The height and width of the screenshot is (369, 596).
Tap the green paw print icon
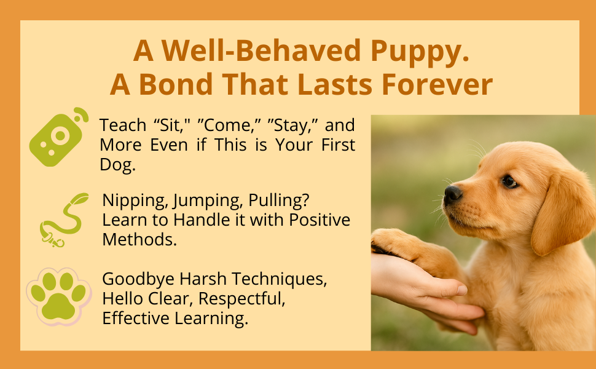point(58,296)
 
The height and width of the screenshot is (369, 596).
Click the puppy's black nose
point(453,195)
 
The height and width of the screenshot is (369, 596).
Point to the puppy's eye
point(509,181)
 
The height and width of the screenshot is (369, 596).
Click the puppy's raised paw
point(393,243)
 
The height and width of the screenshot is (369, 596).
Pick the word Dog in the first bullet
point(116,165)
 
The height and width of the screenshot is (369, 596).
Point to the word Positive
point(319,220)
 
